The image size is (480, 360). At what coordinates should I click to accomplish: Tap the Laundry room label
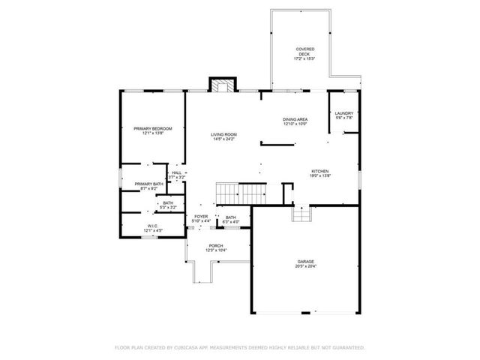coord(343,113)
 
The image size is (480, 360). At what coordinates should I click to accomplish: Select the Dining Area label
coord(295,119)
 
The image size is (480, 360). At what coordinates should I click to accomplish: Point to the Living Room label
coord(224,134)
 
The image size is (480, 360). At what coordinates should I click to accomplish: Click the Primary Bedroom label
coord(153,128)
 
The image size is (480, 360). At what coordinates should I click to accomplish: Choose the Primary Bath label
coord(149,184)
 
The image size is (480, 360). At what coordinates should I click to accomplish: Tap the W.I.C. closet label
coord(151,225)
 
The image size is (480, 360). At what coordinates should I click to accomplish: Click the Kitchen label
coord(321,171)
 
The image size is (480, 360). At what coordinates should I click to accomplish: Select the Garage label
coord(305,261)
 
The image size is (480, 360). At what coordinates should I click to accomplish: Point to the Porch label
coord(216,245)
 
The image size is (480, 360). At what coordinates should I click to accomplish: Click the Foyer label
coord(201,216)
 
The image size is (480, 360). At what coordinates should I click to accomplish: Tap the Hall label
coord(176,172)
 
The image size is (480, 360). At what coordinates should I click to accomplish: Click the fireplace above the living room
coord(221,85)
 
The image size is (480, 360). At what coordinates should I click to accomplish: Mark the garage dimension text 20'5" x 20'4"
coord(305,266)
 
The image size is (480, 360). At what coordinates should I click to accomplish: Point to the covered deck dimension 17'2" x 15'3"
coord(304,58)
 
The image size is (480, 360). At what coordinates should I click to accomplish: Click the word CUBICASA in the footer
coord(189,348)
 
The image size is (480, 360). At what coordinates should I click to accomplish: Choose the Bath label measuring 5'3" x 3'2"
coord(168,204)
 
